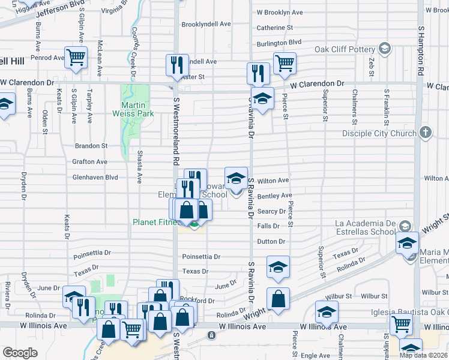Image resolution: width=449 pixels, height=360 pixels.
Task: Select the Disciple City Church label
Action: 379,133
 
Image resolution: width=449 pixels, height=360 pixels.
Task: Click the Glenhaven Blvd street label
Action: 95,178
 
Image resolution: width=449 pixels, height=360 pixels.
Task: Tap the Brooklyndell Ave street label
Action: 206,24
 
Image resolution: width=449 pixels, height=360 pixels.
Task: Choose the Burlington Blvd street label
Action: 279,43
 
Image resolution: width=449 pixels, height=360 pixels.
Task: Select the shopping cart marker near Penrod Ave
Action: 76,58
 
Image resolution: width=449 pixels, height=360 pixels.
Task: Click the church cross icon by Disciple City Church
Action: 425,132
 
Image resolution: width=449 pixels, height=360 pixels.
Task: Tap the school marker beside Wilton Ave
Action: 237,178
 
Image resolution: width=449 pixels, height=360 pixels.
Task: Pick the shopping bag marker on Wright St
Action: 279,299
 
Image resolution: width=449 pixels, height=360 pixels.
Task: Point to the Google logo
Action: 20,353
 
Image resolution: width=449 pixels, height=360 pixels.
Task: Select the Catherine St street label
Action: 274,28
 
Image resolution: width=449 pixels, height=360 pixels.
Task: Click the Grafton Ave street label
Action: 89,162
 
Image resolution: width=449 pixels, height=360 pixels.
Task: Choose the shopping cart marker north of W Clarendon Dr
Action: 284,63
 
